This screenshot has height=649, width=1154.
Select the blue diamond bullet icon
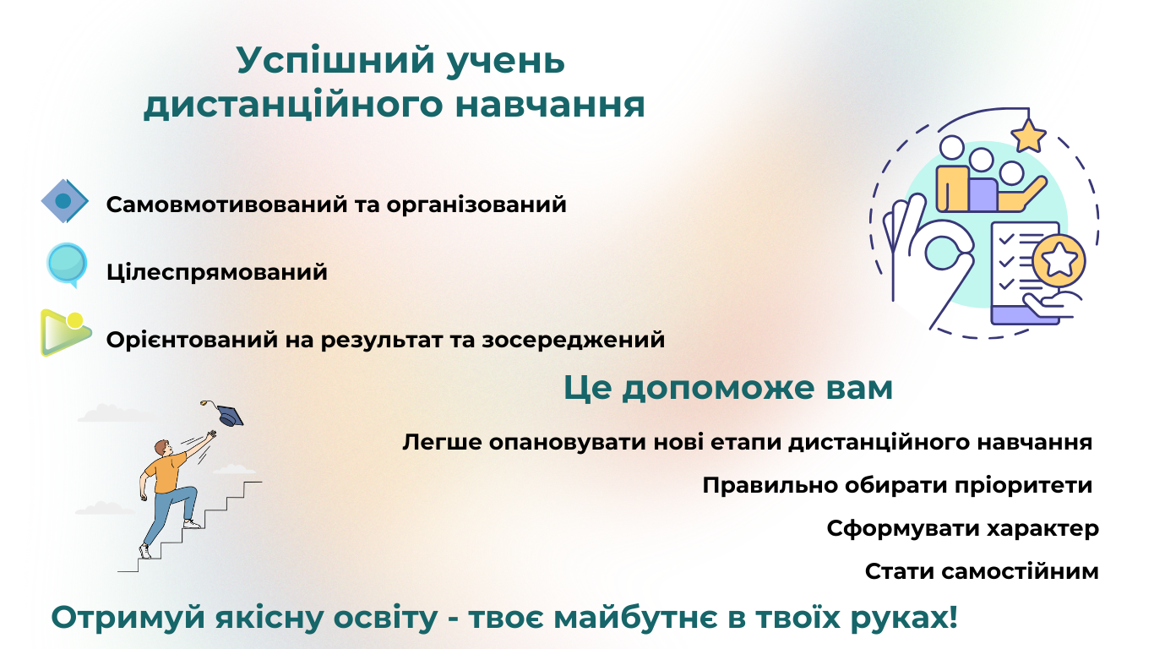point(65,201)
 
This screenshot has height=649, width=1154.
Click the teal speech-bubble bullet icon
point(67,264)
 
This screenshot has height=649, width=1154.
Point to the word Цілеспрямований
point(217,271)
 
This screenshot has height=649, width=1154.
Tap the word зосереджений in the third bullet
point(574,341)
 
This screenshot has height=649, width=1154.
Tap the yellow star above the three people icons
point(1028,136)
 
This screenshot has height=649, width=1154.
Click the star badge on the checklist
point(1059,260)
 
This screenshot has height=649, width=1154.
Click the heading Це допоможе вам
point(728,388)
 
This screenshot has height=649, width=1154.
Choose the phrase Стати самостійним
point(982,571)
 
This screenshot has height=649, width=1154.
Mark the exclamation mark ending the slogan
point(952,616)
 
